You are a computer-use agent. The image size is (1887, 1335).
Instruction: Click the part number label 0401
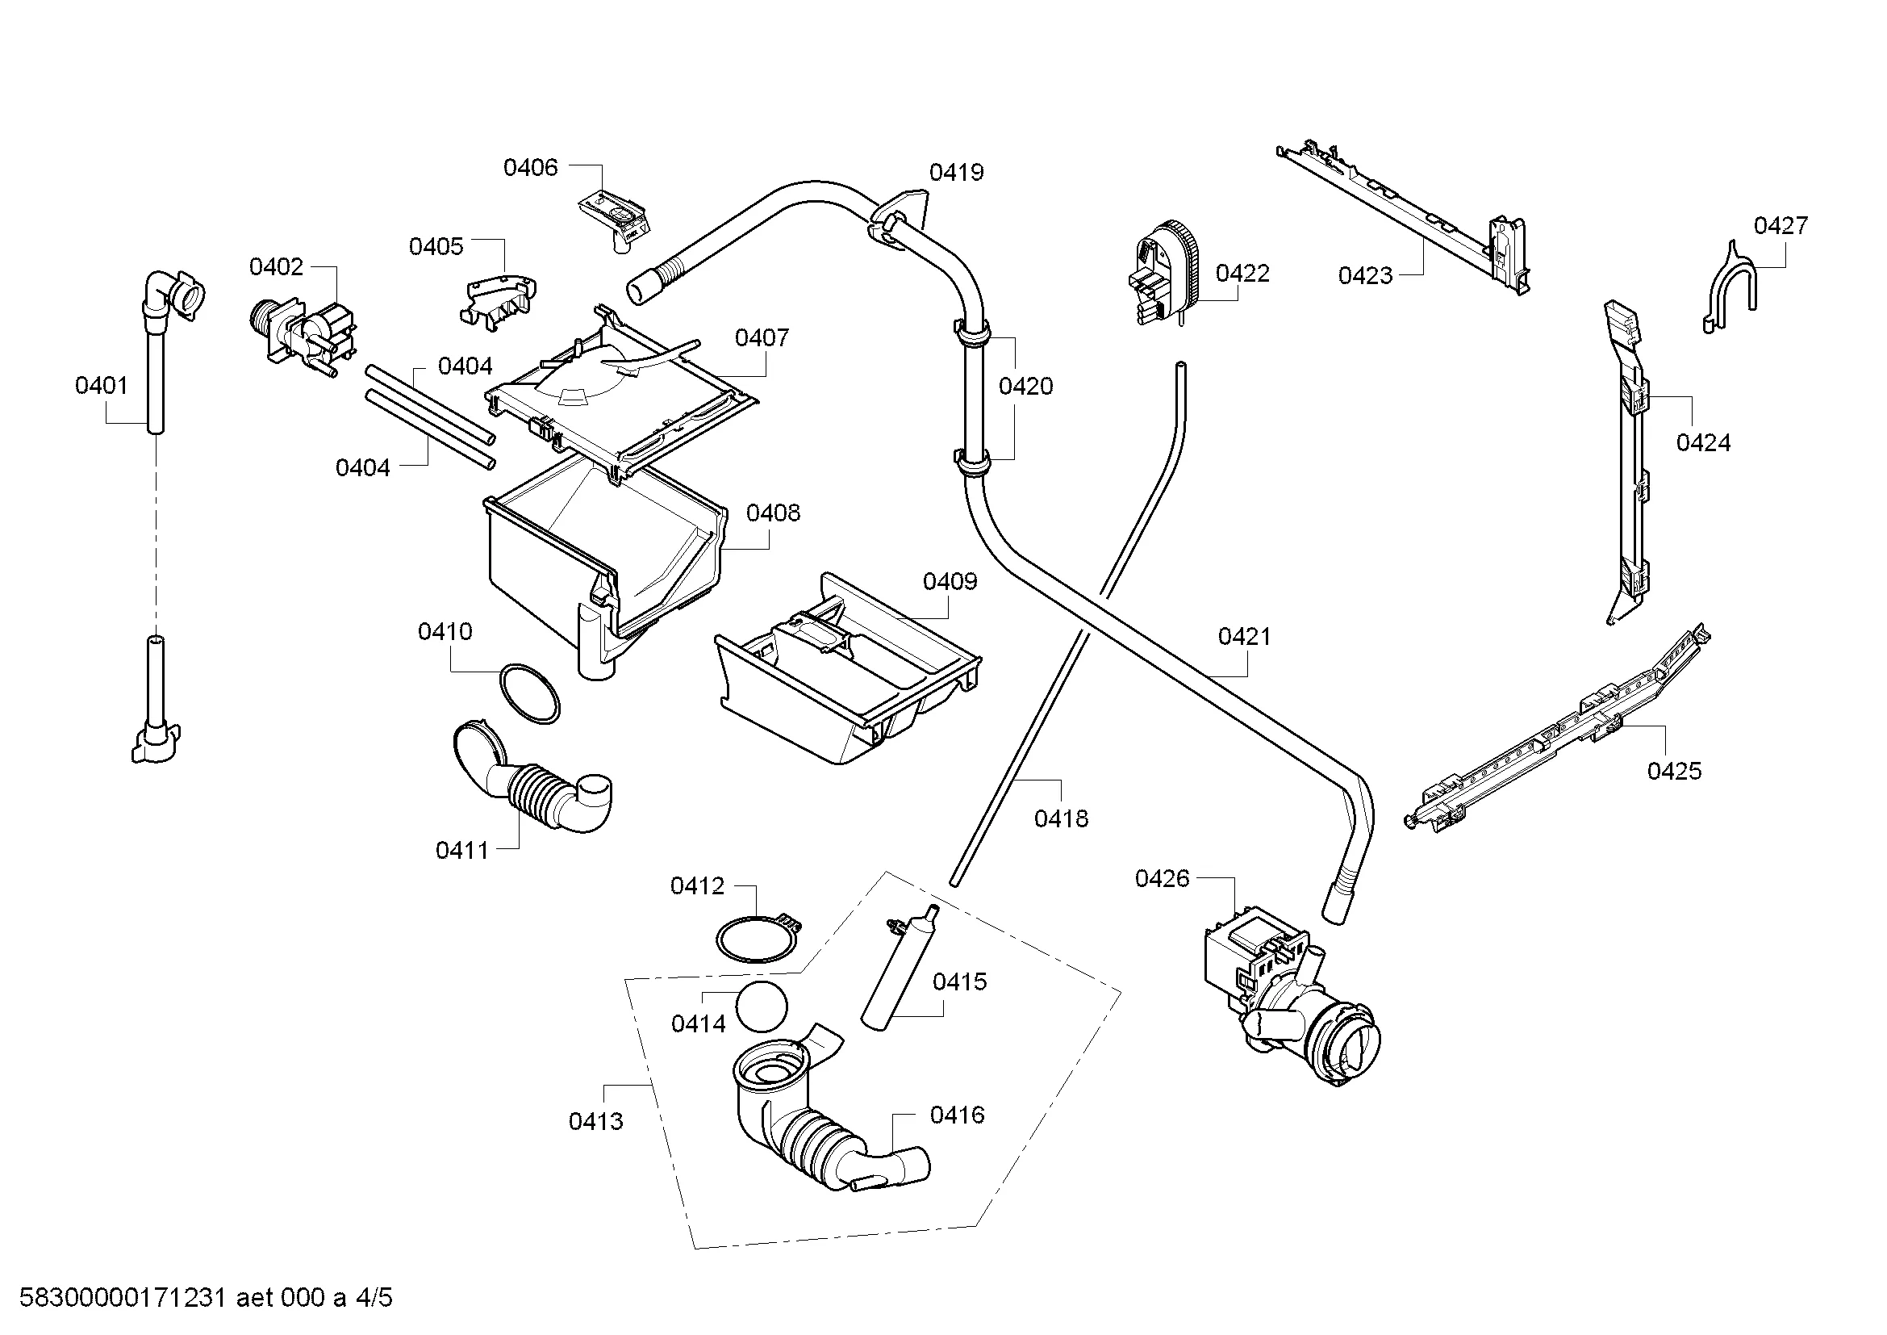[x=101, y=386]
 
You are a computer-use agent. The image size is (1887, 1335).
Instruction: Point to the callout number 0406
[x=530, y=168]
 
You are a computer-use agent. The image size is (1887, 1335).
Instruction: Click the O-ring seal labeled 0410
[x=530, y=693]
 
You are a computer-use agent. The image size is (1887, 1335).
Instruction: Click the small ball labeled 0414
[x=761, y=1006]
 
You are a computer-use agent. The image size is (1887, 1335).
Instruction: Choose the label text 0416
[x=957, y=1115]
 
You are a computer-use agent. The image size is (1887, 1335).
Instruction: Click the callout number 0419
[x=956, y=173]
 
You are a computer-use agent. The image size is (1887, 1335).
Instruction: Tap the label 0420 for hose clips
[x=1025, y=387]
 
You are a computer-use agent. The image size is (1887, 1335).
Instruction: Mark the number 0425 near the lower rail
[x=1674, y=771]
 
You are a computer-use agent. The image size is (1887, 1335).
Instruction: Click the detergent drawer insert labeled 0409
[x=846, y=666]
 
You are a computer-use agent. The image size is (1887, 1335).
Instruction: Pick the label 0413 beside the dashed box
[x=596, y=1121]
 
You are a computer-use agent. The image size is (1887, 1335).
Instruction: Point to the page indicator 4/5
[x=374, y=1298]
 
